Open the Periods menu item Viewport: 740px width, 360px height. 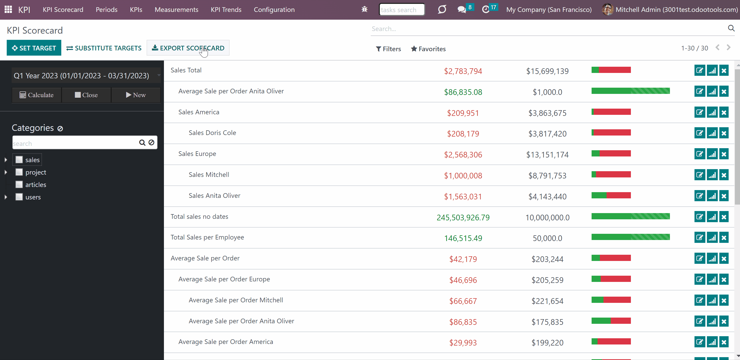click(x=107, y=10)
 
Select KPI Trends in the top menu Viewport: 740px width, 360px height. click(x=226, y=10)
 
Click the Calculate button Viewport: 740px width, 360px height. click(x=36, y=95)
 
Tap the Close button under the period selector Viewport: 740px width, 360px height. click(x=86, y=95)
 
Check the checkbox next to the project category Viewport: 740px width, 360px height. click(x=19, y=172)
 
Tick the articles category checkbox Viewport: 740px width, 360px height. click(x=19, y=184)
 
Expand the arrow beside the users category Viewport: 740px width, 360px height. click(x=6, y=197)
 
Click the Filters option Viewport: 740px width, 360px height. click(x=388, y=49)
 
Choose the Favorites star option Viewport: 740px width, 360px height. click(x=428, y=49)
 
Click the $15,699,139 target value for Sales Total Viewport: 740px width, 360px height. click(x=547, y=71)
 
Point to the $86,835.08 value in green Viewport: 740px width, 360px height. click(x=463, y=92)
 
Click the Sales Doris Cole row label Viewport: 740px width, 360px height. click(x=212, y=133)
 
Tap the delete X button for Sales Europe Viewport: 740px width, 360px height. click(x=724, y=154)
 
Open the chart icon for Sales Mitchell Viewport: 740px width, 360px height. click(x=712, y=175)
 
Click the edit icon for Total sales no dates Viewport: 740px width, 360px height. click(x=700, y=217)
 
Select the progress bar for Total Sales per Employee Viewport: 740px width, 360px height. click(x=631, y=237)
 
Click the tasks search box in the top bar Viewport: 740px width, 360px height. click(x=402, y=10)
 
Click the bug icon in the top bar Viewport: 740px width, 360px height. click(x=365, y=10)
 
